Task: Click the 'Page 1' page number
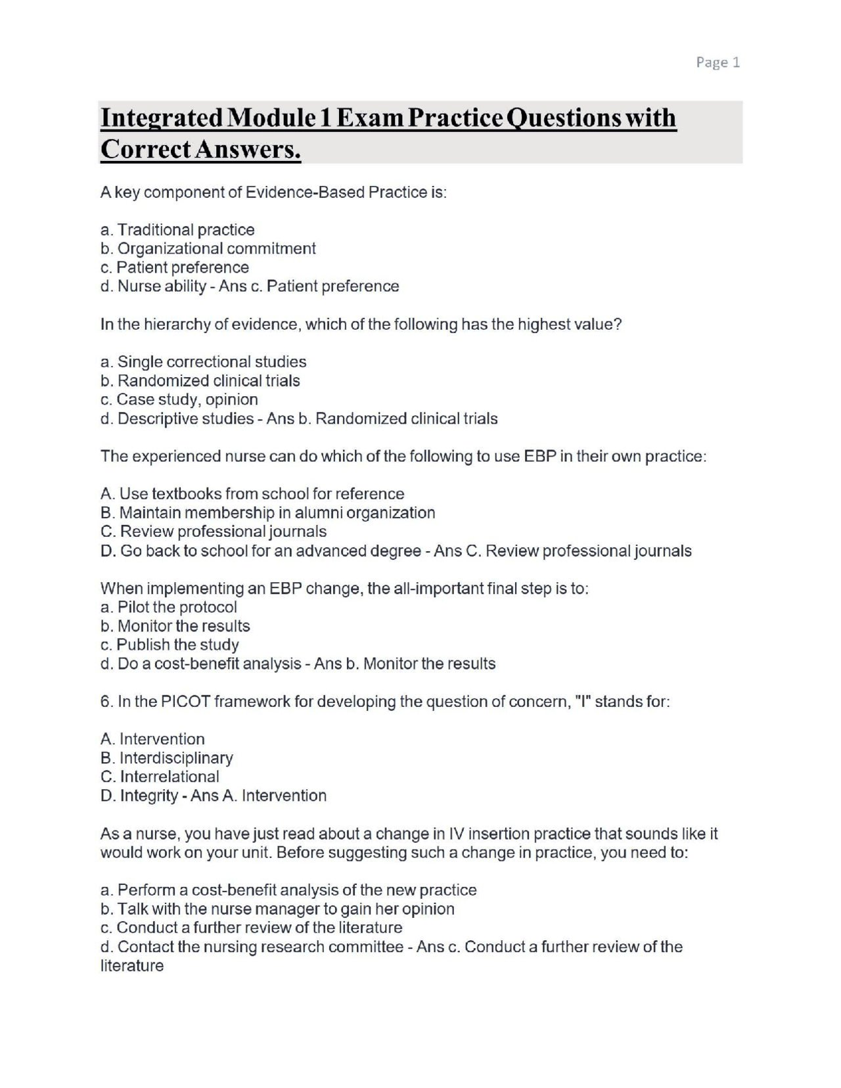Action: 717,62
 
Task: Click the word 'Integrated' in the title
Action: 161,118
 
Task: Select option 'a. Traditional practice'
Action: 177,230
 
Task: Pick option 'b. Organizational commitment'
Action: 208,248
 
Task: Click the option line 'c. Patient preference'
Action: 175,267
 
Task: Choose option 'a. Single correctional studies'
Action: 203,362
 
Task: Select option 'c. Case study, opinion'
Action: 179,399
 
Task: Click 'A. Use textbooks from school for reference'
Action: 252,494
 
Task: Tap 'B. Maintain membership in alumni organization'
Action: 267,512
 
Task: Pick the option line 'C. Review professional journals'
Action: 214,532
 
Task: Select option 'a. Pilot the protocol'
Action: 168,607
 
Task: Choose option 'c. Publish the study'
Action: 170,645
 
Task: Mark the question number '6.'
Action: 106,702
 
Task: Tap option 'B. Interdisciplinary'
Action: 167,758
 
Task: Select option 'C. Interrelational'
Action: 160,777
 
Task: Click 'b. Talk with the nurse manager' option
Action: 277,909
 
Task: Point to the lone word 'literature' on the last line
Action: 131,966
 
